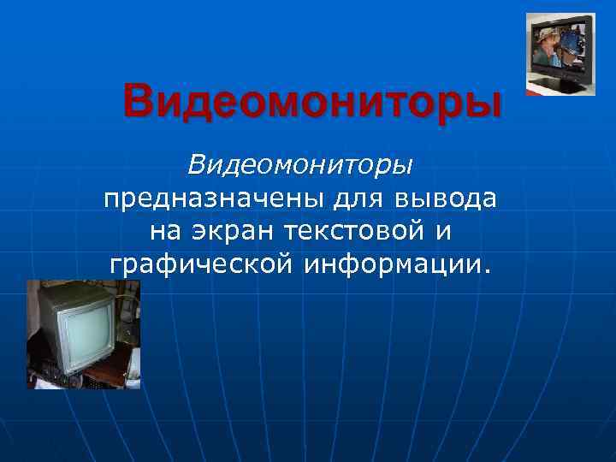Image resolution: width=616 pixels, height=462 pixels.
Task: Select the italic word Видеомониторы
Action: (300, 162)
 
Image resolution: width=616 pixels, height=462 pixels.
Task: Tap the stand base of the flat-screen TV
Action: (562, 86)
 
